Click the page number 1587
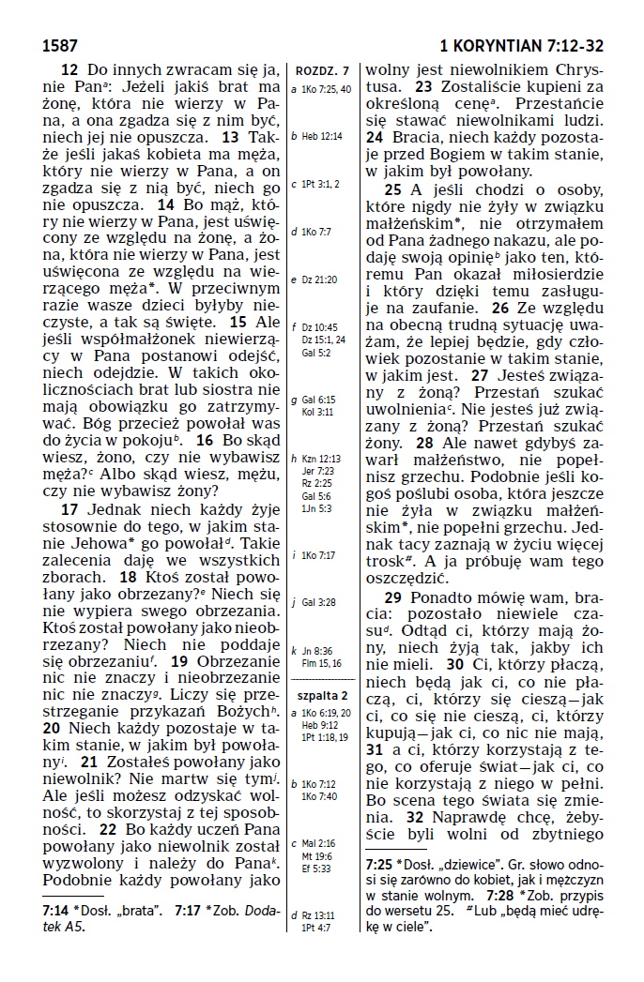[59, 45]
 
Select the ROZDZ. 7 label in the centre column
[322, 70]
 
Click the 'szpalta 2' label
[322, 695]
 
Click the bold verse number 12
[69, 69]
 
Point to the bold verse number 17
[69, 509]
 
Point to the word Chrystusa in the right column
[566, 69]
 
